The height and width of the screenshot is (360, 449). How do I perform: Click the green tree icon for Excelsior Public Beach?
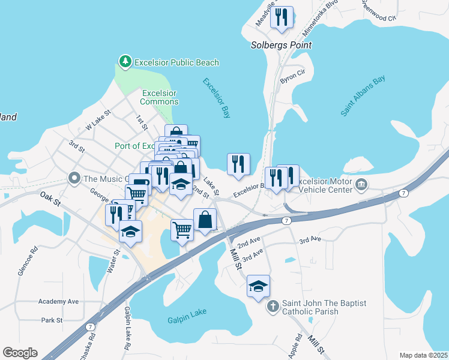click(x=125, y=62)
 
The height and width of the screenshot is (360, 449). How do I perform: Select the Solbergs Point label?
click(x=281, y=45)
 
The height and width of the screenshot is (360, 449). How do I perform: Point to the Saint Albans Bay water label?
click(x=363, y=95)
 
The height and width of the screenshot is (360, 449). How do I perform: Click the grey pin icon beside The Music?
click(x=74, y=178)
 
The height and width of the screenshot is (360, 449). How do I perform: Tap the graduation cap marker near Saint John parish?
click(x=258, y=286)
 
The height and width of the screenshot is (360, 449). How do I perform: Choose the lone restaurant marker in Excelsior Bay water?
click(x=238, y=163)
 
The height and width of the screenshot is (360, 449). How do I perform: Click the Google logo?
click(x=20, y=353)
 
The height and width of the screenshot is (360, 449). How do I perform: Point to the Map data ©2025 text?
click(x=423, y=355)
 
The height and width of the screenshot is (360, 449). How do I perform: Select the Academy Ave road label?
click(x=58, y=301)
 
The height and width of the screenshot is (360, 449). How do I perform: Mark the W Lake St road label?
click(x=99, y=119)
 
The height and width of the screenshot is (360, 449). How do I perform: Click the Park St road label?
click(x=52, y=320)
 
